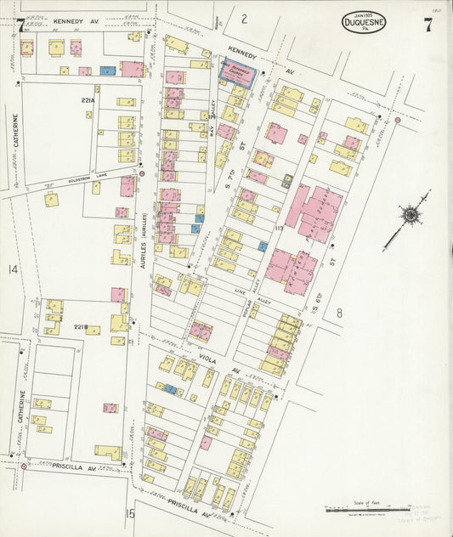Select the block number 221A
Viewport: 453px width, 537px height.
(x=88, y=100)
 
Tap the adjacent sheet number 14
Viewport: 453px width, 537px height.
(x=12, y=269)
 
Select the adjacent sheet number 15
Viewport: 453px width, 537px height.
(x=130, y=513)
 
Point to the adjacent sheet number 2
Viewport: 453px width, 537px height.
(x=243, y=18)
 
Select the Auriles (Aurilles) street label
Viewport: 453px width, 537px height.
(x=144, y=246)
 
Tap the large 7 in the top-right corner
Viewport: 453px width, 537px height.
(x=428, y=25)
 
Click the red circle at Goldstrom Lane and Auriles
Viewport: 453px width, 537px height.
(x=142, y=173)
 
